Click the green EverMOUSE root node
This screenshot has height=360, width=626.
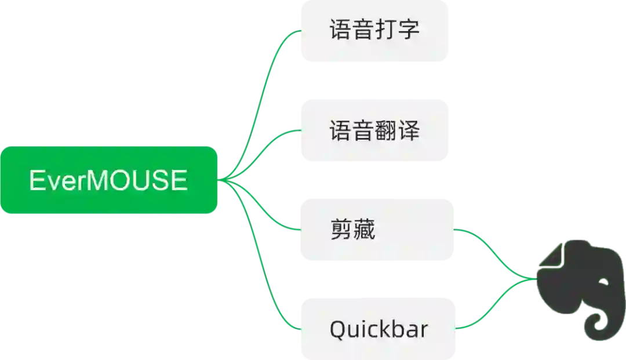(x=109, y=180)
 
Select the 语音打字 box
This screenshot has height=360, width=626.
(x=373, y=31)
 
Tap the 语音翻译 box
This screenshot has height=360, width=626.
(x=373, y=130)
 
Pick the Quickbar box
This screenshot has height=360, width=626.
(x=377, y=329)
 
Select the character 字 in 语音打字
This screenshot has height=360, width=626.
(x=409, y=30)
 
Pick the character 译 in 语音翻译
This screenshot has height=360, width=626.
(x=409, y=130)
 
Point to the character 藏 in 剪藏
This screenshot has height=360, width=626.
(x=364, y=230)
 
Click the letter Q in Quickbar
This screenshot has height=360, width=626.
(x=338, y=329)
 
